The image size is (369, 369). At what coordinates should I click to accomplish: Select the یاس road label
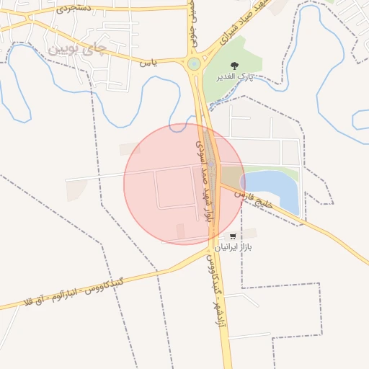[x=148, y=63]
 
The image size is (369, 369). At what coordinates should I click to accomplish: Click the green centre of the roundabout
[x=193, y=63]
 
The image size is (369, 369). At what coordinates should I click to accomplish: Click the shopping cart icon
[x=233, y=236]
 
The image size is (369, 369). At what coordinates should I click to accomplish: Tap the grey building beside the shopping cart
[x=249, y=233]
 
